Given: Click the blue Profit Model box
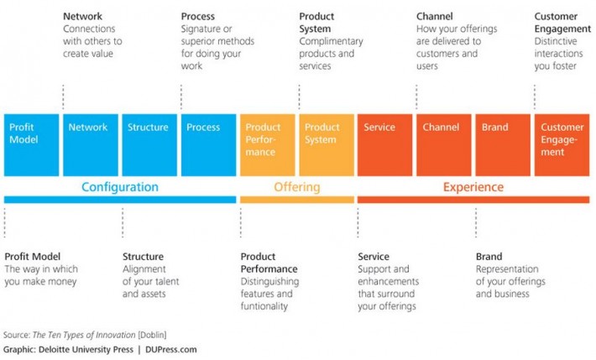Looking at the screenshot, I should click(x=31, y=144).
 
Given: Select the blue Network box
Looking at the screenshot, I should click(x=90, y=144).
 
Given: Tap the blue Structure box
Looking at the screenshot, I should click(x=149, y=144).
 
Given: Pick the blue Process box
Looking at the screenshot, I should click(x=208, y=144).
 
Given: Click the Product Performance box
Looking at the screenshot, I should click(x=267, y=144).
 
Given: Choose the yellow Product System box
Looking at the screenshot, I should click(x=326, y=144).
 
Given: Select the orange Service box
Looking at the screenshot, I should click(x=384, y=144).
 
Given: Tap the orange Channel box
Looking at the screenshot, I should click(x=443, y=144).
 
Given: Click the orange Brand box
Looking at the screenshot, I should click(x=502, y=144).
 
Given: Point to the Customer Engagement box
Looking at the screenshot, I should click(x=562, y=144).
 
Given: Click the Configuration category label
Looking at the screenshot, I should click(x=119, y=187).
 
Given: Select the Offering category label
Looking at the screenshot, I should click(x=296, y=187).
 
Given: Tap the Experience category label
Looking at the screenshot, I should click(x=473, y=187).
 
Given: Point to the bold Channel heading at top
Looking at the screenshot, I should click(x=435, y=16).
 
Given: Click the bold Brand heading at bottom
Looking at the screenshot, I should click(x=489, y=257).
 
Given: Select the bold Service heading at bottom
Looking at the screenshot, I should click(x=374, y=257).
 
